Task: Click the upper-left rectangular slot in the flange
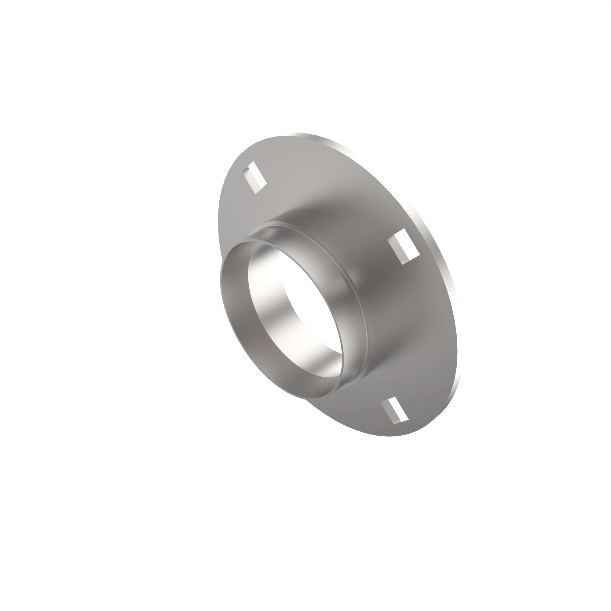click(254, 177)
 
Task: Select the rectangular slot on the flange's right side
click(404, 246)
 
